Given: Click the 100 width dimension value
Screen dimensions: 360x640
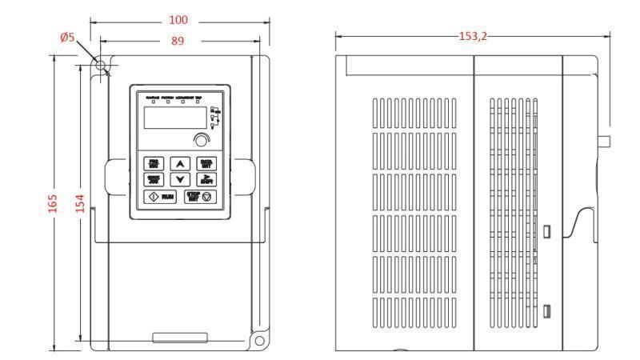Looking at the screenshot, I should (178, 19).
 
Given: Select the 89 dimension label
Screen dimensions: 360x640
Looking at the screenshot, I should (177, 40).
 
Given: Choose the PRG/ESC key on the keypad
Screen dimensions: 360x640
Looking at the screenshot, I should (153, 163).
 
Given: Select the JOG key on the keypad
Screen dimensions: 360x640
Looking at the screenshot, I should (153, 179).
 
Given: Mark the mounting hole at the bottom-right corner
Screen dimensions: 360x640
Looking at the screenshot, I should (259, 341).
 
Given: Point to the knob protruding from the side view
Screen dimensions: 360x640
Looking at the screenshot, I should (605, 142).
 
